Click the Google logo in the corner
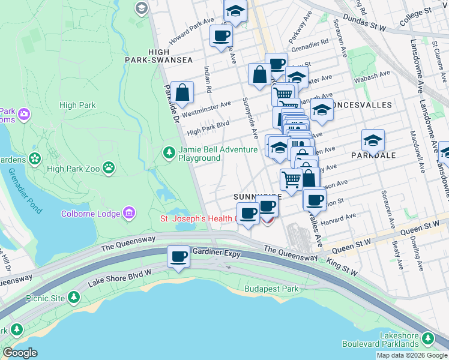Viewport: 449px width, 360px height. [x=20, y=353]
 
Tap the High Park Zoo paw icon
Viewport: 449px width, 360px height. [x=109, y=168]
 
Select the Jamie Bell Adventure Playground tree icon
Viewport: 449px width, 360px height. [x=169, y=154]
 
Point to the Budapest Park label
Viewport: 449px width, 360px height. [x=271, y=289]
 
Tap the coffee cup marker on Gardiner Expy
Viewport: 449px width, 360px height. [x=178, y=257]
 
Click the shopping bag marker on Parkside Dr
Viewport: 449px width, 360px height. [x=182, y=93]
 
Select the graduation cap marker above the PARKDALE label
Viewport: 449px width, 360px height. [x=373, y=141]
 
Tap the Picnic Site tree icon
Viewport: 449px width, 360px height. [x=73, y=297]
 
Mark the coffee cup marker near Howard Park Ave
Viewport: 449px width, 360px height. [x=221, y=36]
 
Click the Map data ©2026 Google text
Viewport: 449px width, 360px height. [x=412, y=355]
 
